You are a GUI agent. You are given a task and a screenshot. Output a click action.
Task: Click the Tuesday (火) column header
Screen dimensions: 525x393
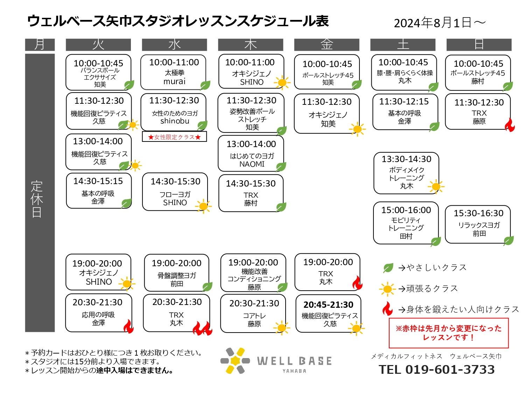tap(98, 45)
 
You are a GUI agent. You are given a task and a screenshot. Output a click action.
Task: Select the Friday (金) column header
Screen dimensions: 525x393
tap(327, 45)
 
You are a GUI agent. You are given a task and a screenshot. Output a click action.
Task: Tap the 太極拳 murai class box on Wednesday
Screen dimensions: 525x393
tap(173, 72)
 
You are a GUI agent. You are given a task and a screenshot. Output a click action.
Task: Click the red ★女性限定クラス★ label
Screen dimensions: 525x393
tap(174, 137)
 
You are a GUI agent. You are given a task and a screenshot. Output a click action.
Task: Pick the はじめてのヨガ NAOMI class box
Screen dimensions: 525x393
tap(251, 153)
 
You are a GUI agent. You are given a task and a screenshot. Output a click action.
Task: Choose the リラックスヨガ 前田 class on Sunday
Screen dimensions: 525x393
tap(478, 224)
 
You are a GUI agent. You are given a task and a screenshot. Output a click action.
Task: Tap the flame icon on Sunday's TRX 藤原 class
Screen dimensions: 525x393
tap(510, 125)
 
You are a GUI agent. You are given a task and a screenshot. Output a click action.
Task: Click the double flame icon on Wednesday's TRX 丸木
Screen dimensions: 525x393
tap(202, 328)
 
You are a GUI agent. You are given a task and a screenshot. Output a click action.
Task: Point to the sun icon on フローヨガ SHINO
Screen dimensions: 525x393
tap(203, 206)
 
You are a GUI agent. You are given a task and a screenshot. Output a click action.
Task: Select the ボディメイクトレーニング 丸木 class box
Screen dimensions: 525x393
tap(406, 173)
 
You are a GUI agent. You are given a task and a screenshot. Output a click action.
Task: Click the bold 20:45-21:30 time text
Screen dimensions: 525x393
tap(328, 305)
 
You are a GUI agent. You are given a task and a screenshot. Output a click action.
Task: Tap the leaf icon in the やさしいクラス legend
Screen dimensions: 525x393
tap(388, 268)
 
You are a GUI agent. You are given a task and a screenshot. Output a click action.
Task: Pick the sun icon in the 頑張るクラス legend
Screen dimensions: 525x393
tap(387, 289)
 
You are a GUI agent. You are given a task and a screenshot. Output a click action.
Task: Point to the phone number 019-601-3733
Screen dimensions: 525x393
tap(450, 370)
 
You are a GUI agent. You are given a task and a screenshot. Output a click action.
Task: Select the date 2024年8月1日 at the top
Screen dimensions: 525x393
tap(433, 23)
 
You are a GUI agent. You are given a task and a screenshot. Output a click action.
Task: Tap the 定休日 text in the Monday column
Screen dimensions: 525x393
tap(37, 199)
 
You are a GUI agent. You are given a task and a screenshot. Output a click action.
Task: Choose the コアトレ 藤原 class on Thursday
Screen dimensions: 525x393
tap(253, 314)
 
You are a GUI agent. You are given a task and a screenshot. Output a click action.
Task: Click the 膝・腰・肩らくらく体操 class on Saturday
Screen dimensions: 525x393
tap(404, 72)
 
